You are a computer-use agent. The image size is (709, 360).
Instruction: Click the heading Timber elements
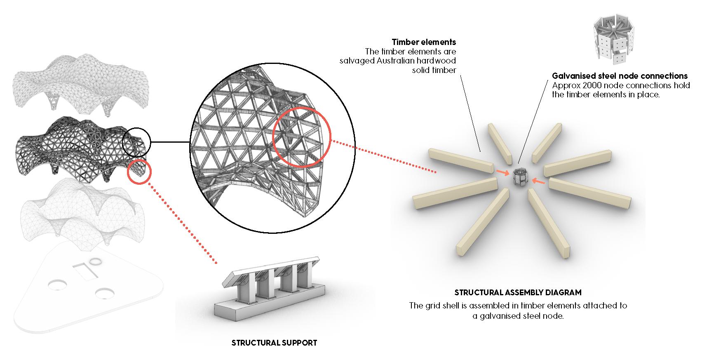click(x=424, y=42)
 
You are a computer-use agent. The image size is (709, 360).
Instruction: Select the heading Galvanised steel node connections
click(x=620, y=76)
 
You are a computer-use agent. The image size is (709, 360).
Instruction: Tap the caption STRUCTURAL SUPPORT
click(x=274, y=343)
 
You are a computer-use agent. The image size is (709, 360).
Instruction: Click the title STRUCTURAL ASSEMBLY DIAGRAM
click(x=518, y=293)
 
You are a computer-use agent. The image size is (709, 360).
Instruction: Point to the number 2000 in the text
click(x=588, y=85)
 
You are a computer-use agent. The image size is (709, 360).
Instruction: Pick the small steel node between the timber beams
click(x=518, y=177)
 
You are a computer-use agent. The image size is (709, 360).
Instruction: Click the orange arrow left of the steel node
click(x=502, y=173)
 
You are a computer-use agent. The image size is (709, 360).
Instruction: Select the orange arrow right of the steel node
click(x=538, y=181)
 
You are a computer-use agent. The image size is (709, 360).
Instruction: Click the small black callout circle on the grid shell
click(x=137, y=141)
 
